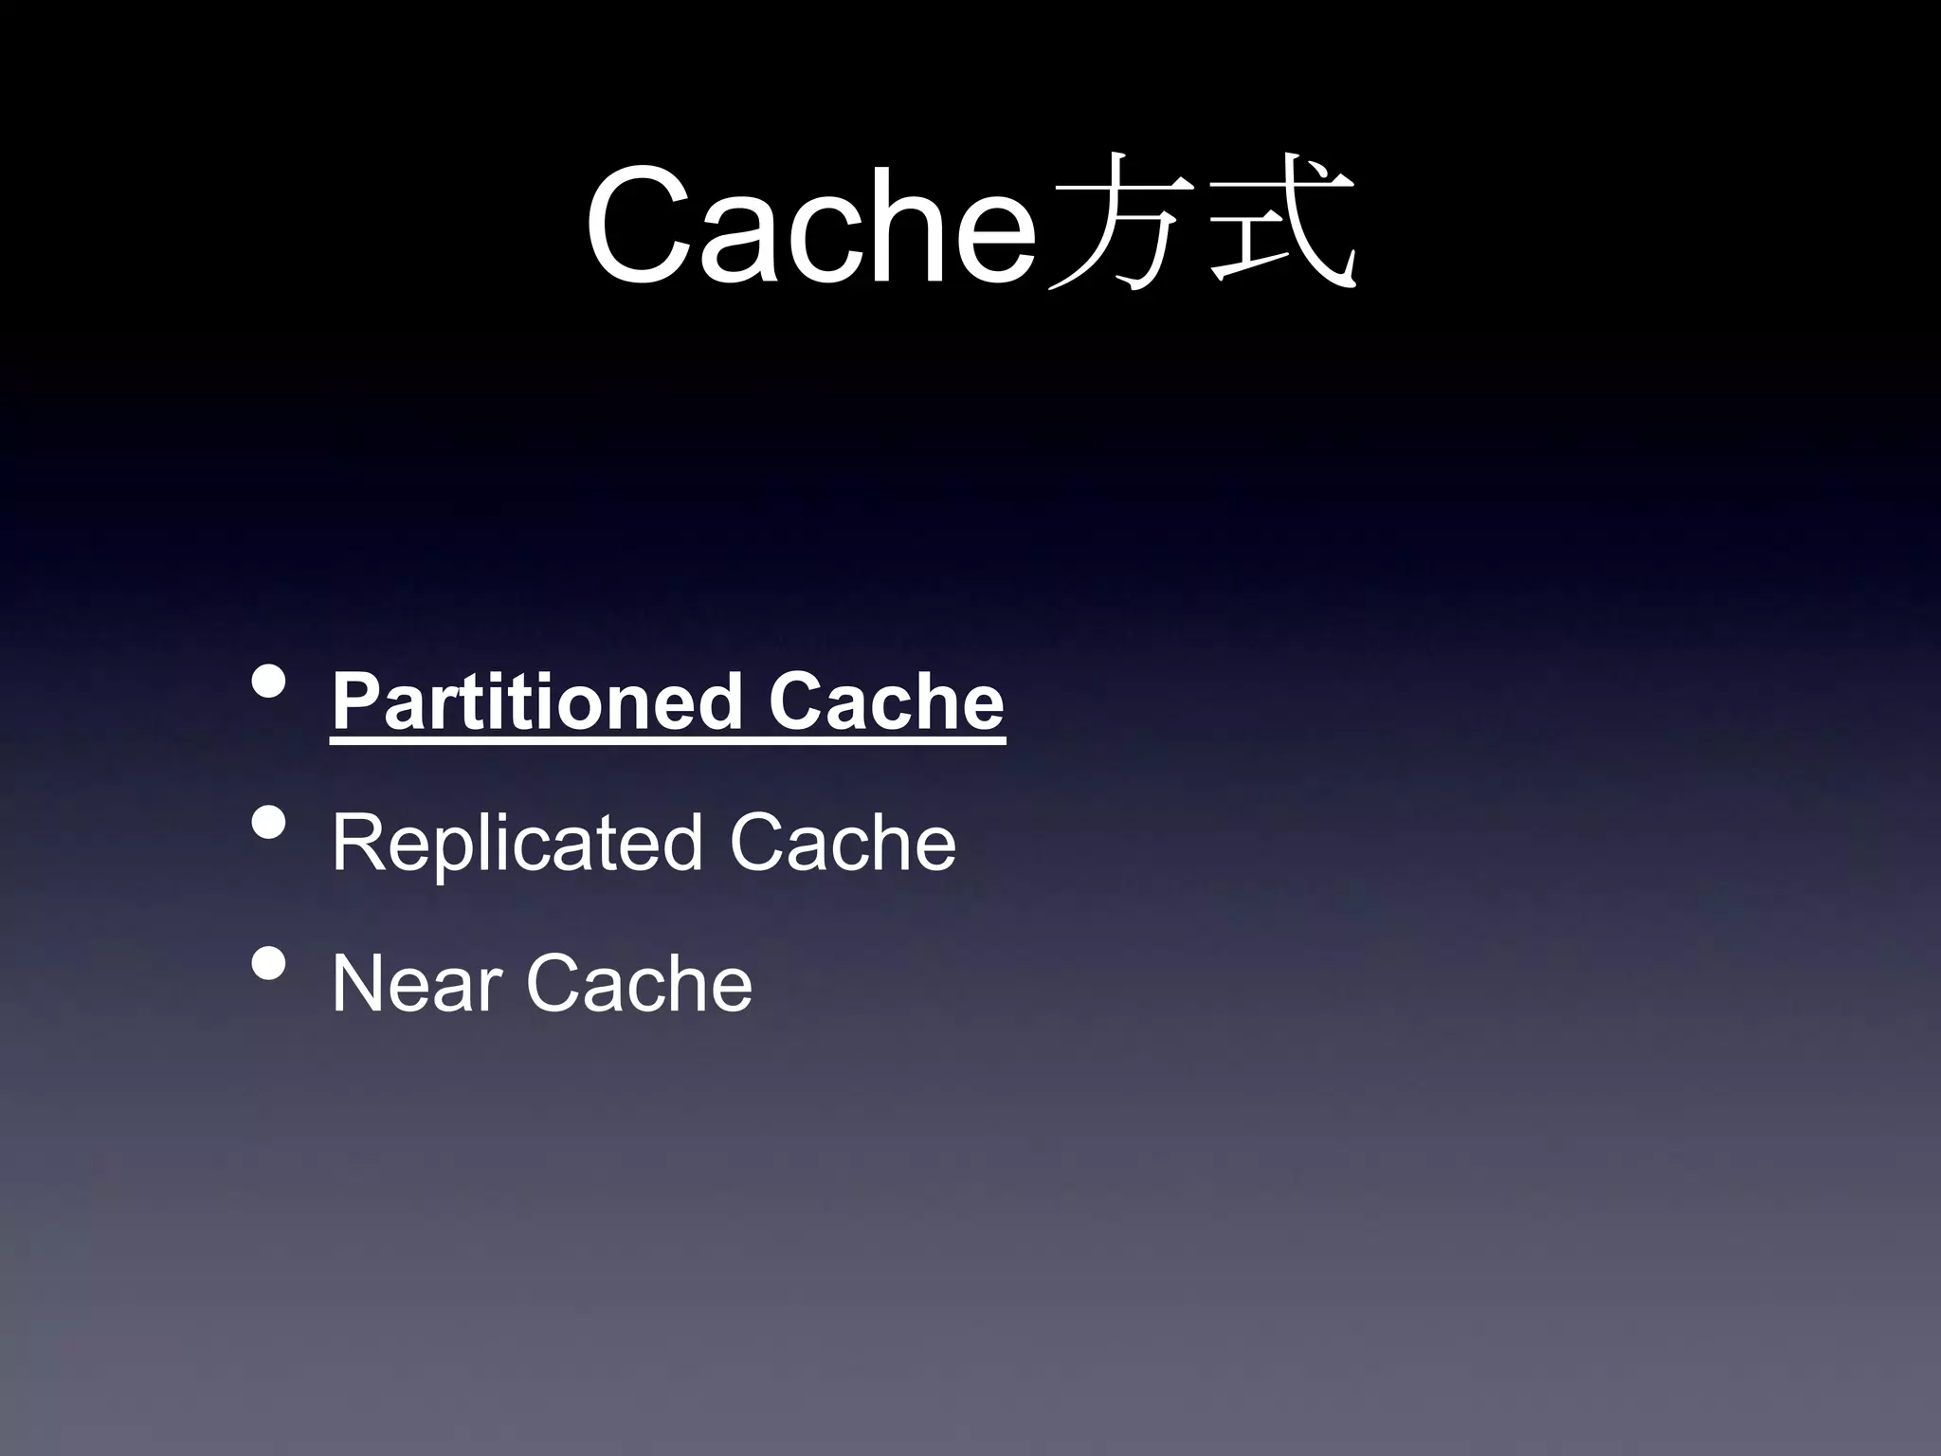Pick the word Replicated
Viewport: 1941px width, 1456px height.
click(x=517, y=843)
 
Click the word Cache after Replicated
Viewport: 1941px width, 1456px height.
click(x=843, y=843)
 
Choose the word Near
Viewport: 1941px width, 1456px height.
click(x=416, y=984)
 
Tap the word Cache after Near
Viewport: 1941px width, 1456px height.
click(x=639, y=984)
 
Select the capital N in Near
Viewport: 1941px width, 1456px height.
click(x=359, y=984)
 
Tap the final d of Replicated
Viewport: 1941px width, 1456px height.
click(x=681, y=843)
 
